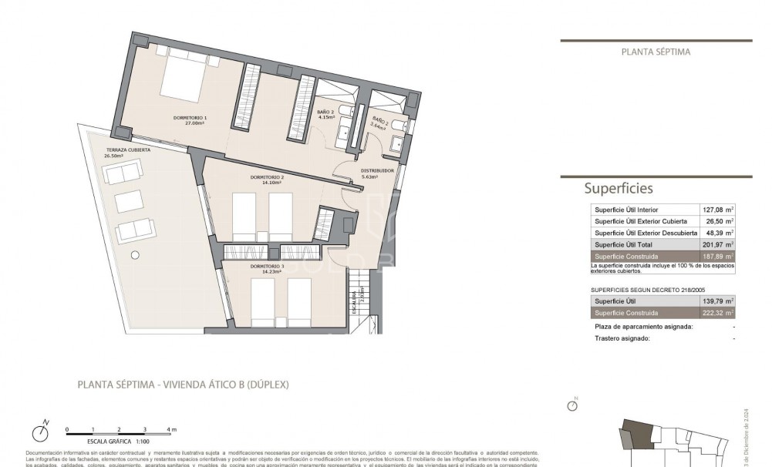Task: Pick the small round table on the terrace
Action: tap(135, 254)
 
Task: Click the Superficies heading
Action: tap(619, 188)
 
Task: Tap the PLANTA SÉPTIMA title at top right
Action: tap(656, 52)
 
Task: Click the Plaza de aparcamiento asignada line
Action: tap(644, 327)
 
